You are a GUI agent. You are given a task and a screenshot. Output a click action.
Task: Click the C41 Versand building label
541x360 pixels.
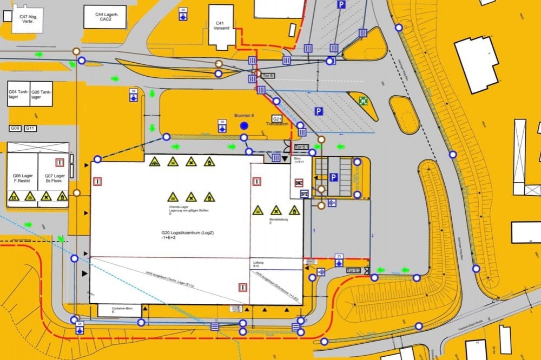221,25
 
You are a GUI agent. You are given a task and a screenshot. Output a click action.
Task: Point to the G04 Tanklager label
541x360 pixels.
18,95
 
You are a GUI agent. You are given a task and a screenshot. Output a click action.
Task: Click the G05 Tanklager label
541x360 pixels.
41,95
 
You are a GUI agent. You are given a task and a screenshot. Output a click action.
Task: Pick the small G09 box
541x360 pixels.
15,128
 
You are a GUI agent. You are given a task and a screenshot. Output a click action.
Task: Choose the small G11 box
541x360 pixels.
30,128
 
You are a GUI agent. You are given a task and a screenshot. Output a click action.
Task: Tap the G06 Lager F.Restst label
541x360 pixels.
23,178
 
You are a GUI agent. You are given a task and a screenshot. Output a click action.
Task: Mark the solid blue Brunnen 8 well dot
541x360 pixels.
244,126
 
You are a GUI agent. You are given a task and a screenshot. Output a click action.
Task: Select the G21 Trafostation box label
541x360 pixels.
277,119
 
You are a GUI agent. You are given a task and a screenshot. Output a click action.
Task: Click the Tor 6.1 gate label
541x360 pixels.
301,146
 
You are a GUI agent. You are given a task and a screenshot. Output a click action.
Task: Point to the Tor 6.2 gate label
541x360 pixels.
353,270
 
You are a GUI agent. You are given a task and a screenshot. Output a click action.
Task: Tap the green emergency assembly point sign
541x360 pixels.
363,100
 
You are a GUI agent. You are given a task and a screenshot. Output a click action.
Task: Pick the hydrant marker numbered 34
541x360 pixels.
183,14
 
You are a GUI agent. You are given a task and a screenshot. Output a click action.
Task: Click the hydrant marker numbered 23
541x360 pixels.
339,259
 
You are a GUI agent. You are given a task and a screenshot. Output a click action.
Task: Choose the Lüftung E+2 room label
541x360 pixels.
259,264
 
